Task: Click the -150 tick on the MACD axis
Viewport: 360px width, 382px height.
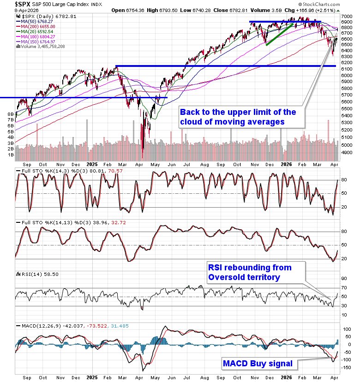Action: [x=346, y=368]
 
